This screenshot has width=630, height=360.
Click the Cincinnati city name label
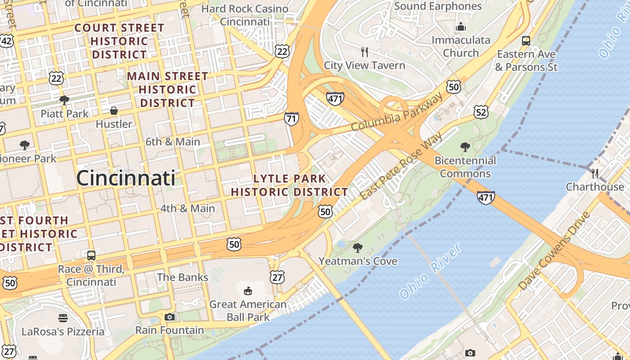click(126, 178)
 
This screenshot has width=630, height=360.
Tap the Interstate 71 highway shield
click(291, 119)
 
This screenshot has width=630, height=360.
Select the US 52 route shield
click(481, 112)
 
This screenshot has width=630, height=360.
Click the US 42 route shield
click(6, 40)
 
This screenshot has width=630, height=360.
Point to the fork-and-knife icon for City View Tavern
click(364, 52)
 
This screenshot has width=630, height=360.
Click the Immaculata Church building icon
click(460, 27)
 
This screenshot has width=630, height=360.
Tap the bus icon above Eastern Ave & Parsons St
click(526, 41)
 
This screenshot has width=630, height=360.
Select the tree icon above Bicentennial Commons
click(465, 147)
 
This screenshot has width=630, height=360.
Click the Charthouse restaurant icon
click(594, 173)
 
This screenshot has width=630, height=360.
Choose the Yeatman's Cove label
click(358, 261)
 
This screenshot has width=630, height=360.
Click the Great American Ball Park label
click(248, 310)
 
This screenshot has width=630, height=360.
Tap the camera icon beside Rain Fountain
click(169, 317)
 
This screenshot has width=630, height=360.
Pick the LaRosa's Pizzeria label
click(63, 332)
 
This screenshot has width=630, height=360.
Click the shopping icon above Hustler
click(114, 111)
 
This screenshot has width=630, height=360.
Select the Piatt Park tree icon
click(64, 100)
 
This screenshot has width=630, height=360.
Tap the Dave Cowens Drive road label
click(554, 251)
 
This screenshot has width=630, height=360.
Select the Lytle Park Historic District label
click(289, 185)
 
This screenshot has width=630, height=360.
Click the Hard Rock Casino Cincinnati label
click(245, 15)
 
